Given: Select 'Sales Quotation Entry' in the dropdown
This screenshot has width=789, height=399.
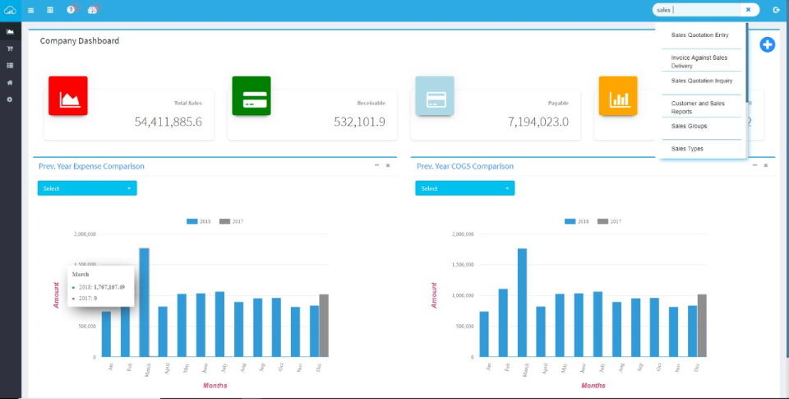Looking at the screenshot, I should coord(699,35).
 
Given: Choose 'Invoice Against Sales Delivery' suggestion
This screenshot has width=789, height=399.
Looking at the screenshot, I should coord(699,62).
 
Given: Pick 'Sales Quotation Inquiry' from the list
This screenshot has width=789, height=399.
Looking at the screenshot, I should coord(701,81).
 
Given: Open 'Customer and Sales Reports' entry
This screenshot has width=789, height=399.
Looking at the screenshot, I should coord(698,107).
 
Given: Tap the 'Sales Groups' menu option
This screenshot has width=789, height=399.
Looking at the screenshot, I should coord(689,126).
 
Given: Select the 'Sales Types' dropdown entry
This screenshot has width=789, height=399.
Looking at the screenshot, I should coord(687,149).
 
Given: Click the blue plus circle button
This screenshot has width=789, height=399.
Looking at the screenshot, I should coord(767,44).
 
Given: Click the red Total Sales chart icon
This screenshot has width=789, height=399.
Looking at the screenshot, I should coord(68,96).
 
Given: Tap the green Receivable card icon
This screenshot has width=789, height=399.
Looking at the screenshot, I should coord(251,96).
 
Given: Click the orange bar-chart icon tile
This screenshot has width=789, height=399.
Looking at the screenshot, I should coord(617,96).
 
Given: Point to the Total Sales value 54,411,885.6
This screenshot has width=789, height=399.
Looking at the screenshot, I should coord(168,122).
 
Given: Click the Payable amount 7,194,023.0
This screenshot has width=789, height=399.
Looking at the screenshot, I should coord(538,122).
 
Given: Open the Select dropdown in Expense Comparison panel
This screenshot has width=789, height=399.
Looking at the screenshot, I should coord(87,188).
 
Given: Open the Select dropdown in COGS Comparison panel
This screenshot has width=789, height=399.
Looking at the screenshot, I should coord(465,188).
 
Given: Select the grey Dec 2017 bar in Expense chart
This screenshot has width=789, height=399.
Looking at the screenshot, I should coord(324,326).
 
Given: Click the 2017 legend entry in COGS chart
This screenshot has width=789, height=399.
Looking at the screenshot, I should coord(609,221).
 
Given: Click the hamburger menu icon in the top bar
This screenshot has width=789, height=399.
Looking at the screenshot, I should coord(30,10).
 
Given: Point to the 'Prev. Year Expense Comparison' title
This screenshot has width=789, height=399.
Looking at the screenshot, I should coord(91,166).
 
